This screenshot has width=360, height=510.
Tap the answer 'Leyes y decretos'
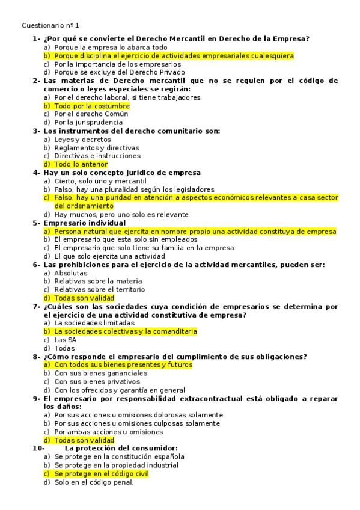point(82,140)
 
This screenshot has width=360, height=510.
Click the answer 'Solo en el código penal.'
point(94,482)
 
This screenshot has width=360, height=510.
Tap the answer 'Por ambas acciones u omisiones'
point(108,431)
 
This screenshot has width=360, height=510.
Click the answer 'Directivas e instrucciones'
point(97,156)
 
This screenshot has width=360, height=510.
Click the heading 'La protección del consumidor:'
point(121,448)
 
